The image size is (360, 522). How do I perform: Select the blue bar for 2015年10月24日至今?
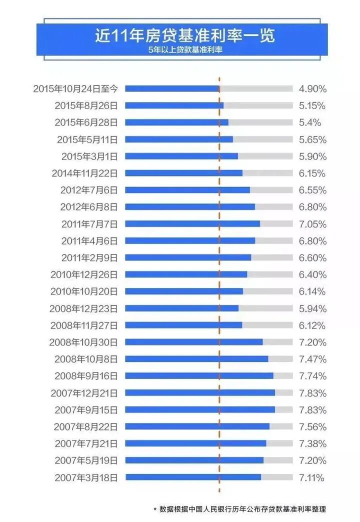coord(172,88)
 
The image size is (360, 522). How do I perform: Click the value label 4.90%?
coord(312,89)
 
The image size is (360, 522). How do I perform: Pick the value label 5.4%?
coord(309,122)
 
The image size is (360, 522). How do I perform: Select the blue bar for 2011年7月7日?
coord(192,224)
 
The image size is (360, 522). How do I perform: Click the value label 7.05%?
coord(312,224)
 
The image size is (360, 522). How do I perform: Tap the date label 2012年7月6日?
coord(89,190)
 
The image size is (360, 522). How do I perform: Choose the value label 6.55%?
coord(312,190)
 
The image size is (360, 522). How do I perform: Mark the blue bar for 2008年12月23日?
coord(181,308)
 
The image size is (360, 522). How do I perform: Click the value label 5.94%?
coord(312,308)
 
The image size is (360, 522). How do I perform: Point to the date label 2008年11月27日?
coord(83,325)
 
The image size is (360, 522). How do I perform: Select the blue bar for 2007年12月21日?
coord(200,392)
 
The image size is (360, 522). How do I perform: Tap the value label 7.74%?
coord(312,376)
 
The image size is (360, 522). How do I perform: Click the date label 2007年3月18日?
coord(86,477)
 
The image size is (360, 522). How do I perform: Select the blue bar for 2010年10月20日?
coord(184,291)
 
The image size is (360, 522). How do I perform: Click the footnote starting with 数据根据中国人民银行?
coord(242,509)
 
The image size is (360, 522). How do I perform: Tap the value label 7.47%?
coord(312,359)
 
